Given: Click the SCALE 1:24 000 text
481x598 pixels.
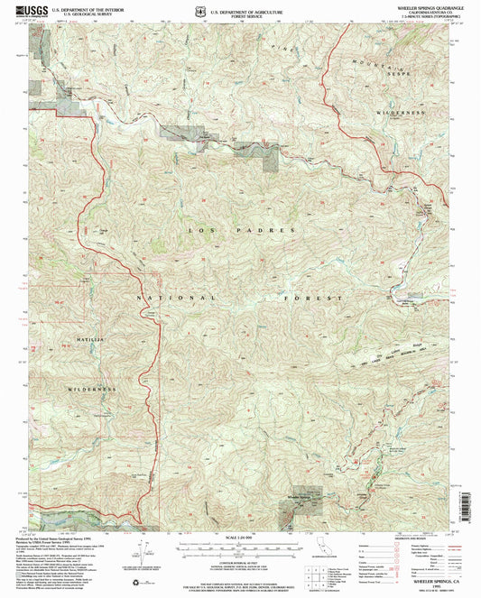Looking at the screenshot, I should [x=240, y=540].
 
